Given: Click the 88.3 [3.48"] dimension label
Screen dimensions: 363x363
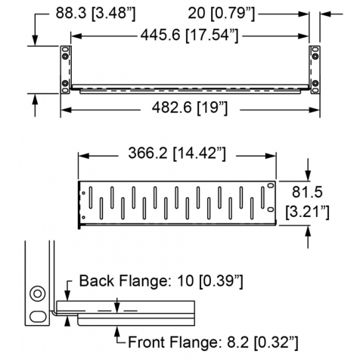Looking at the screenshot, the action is [x=95, y=13].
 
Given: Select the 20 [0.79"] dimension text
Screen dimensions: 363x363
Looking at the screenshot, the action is [x=222, y=13].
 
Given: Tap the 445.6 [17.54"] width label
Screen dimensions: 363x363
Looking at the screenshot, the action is [x=189, y=35].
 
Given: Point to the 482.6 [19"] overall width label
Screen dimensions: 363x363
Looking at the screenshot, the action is [x=190, y=108].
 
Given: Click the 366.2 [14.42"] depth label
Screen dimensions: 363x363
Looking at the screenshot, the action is [x=177, y=153].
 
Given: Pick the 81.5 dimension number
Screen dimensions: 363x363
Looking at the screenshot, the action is [x=307, y=192].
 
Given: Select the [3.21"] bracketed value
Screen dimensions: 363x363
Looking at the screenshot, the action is [x=307, y=212].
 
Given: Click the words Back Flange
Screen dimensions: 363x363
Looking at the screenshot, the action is [x=123, y=281].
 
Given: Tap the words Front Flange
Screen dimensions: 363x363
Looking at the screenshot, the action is [x=172, y=343].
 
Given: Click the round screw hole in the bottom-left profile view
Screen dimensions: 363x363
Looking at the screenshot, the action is [x=38, y=293].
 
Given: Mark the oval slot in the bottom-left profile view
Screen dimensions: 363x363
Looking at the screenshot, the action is [x=38, y=316].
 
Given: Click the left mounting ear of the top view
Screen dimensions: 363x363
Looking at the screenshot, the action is [x=65, y=70].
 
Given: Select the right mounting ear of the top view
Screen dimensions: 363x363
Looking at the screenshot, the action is [x=315, y=70].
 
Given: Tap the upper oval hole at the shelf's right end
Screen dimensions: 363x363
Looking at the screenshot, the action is [x=271, y=185].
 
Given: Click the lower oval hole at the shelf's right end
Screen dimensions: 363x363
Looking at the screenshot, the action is [x=271, y=209].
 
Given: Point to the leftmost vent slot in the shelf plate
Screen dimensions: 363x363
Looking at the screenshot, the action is [x=91, y=197].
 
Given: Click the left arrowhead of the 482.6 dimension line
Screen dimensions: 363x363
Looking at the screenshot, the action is [x=65, y=110].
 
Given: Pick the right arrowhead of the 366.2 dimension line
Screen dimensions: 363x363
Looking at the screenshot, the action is [x=271, y=156].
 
